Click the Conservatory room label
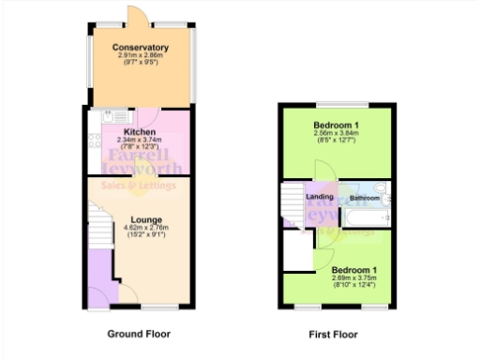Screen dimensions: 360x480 point(141,47)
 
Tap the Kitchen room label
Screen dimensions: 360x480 point(140,132)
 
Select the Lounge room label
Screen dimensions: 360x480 point(140,221)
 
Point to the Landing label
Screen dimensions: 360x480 point(321,197)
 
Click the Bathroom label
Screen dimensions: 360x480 point(365,198)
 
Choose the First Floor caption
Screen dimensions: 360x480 point(333,334)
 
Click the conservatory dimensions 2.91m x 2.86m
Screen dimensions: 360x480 point(141,56)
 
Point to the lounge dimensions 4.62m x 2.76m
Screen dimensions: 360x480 point(140,230)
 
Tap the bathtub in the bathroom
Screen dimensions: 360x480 point(367,218)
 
